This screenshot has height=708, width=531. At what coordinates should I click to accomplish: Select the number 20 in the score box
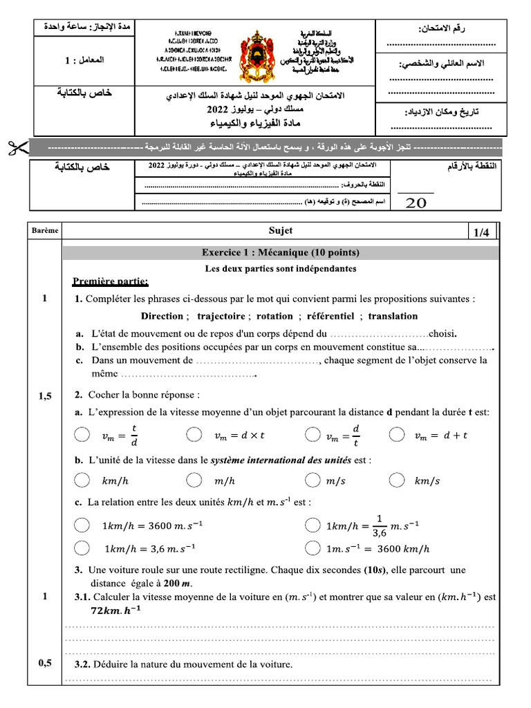(416, 203)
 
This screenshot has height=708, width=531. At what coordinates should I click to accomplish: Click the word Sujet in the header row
(281, 231)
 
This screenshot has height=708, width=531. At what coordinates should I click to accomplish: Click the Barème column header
(45, 231)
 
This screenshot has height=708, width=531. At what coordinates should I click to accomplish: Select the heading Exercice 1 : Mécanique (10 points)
(280, 252)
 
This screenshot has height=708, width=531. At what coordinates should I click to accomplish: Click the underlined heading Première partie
(110, 281)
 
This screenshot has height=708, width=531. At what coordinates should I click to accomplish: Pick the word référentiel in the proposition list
(328, 316)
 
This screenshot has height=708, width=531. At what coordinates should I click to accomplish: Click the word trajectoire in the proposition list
(221, 316)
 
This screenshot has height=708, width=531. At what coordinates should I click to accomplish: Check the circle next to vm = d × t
(195, 435)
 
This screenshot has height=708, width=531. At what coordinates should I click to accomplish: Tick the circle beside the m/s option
(313, 481)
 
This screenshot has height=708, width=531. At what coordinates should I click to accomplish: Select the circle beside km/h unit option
(82, 481)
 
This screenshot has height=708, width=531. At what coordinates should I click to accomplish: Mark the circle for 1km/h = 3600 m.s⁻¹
(82, 525)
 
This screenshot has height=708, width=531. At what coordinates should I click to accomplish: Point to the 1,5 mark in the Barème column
(45, 395)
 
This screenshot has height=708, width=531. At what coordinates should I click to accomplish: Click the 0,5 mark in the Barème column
(45, 663)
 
